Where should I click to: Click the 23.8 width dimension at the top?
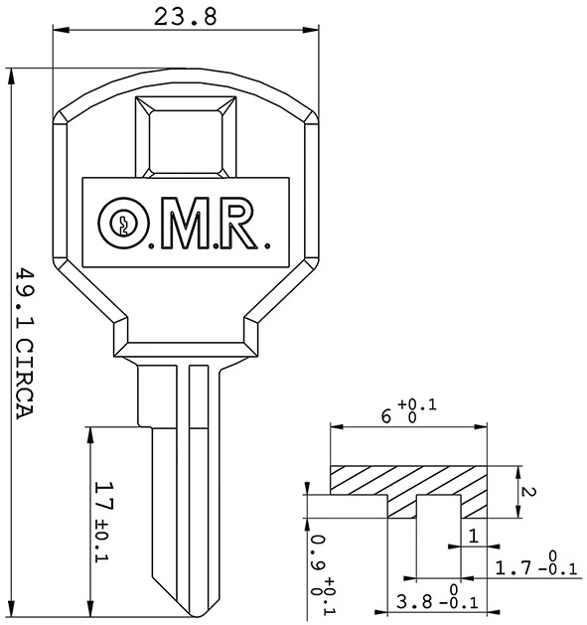184,16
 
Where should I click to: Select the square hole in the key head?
185,139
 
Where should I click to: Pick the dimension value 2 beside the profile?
529,492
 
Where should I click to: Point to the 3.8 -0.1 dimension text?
437,601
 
